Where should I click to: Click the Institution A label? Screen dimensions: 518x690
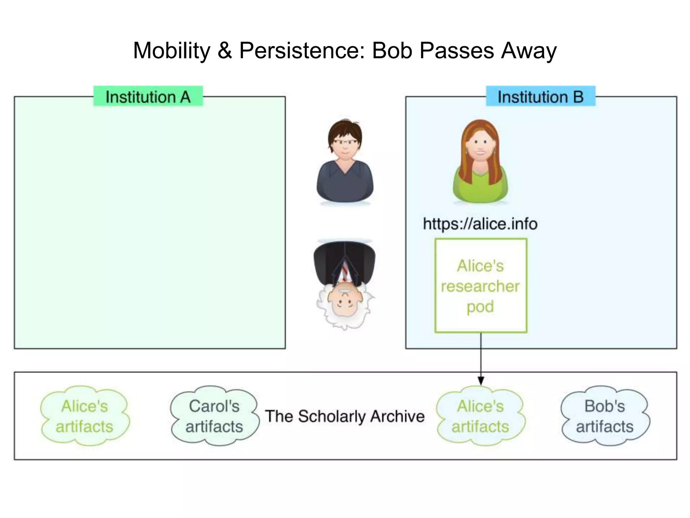point(148,97)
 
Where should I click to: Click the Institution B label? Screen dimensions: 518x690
point(540,97)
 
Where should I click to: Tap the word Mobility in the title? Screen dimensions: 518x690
point(171,51)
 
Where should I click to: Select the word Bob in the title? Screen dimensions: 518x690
point(392,51)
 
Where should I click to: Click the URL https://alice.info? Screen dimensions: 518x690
point(480,224)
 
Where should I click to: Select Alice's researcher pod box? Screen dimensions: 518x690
point(481,286)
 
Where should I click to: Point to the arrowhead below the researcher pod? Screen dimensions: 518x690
point(481,381)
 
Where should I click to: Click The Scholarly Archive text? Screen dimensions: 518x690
point(345,416)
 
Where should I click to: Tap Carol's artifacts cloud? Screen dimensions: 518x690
point(214,416)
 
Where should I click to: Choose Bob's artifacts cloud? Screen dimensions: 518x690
point(605,416)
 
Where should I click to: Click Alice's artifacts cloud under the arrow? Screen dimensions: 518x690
point(480,416)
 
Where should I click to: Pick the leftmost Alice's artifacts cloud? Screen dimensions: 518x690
point(85,416)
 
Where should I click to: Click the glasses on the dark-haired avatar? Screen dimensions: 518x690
point(345,142)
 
